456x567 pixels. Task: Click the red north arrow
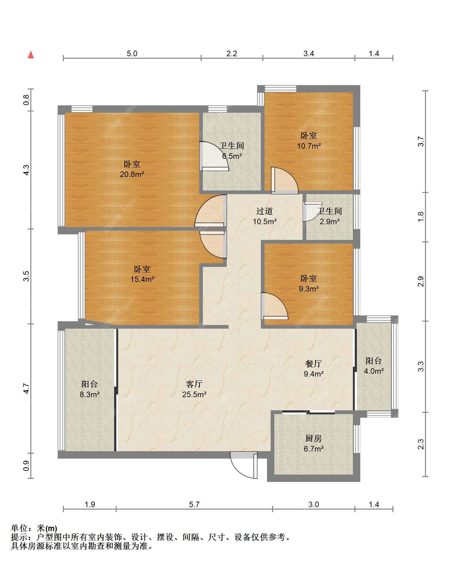coord(31,55)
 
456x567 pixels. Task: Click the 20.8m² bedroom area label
coord(132,169)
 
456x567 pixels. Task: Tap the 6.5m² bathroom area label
coord(232,151)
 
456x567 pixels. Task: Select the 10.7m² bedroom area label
coord(309,140)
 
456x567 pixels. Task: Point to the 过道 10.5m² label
coord(265,216)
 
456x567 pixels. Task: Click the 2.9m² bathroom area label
coord(330,216)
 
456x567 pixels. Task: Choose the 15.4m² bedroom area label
coord(142,274)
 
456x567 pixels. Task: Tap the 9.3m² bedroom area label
coord(309,283)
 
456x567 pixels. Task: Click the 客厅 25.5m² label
coord(194,389)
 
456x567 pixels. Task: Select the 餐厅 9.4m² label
coord(314,369)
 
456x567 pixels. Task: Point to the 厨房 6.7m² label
coord(314,444)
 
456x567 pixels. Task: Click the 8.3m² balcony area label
coord(90,389)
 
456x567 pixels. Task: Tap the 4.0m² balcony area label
coord(373,366)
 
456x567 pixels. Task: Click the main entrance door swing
coord(244,465)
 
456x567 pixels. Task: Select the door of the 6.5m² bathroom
coord(214,156)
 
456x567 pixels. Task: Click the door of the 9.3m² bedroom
coord(274,306)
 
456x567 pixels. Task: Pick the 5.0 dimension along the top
coord(132,53)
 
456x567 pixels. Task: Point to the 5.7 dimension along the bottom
coord(194,504)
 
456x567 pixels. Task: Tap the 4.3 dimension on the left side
coord(26,170)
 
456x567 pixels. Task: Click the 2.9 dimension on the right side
coord(421,281)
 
